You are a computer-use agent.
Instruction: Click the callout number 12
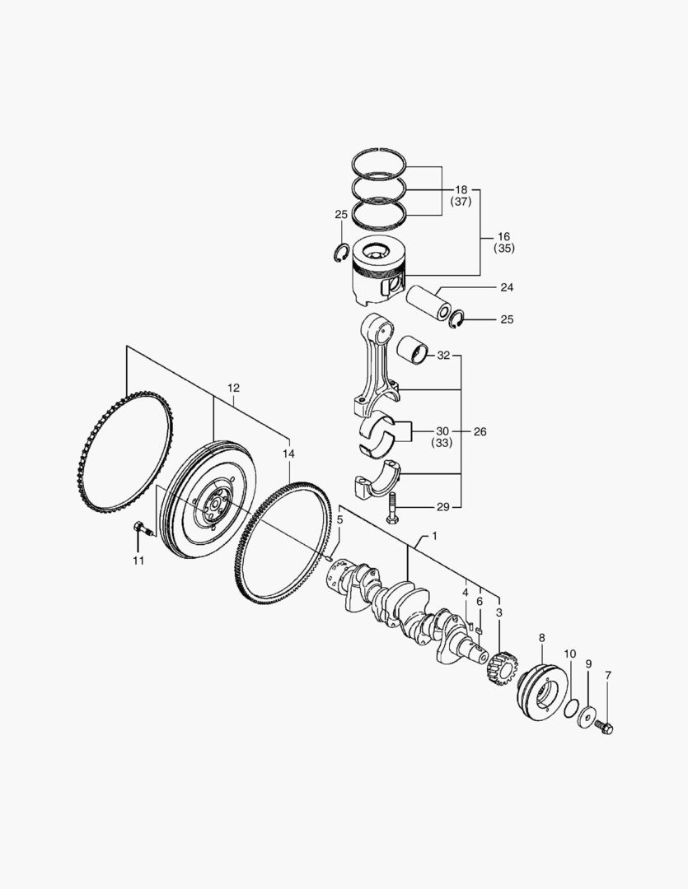pyautogui.click(x=233, y=388)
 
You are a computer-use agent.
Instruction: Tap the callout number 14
pyautogui.click(x=288, y=454)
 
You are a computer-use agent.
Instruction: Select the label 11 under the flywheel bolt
pyautogui.click(x=138, y=561)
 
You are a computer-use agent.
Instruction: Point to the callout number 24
pyautogui.click(x=507, y=288)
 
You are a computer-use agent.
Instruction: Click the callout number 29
pyautogui.click(x=442, y=506)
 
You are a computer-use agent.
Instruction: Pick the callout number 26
pyautogui.click(x=480, y=431)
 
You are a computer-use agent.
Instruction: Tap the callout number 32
pyautogui.click(x=444, y=356)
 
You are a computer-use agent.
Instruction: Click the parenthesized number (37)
pyautogui.click(x=461, y=202)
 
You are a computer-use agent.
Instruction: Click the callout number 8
pyautogui.click(x=541, y=637)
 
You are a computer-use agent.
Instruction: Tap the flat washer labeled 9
pyautogui.click(x=588, y=716)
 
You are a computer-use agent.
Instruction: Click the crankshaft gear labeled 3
pyautogui.click(x=499, y=668)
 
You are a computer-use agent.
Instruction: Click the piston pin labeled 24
pyautogui.click(x=437, y=303)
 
